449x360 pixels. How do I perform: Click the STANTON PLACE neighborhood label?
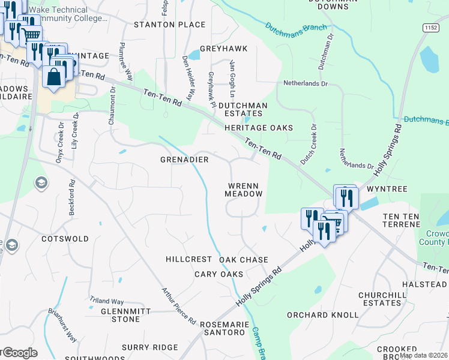tap(169, 25)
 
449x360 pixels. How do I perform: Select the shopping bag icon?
tap(53, 77)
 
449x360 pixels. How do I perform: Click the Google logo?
tap(19, 353)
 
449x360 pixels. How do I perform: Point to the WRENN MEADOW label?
tap(244, 190)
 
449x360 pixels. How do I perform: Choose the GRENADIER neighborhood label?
tap(184, 160)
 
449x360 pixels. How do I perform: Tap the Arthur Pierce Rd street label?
tap(179, 306)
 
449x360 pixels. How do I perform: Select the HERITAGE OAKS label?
tap(259, 128)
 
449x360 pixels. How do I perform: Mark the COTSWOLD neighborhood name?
tap(65, 239)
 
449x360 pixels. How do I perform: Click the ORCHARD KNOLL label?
tap(322, 315)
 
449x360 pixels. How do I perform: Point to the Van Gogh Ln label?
tap(231, 79)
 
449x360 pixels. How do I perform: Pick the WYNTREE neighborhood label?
tap(387, 189)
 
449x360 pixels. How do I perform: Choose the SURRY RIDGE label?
tap(149, 347)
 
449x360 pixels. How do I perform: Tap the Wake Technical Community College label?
tap(66, 14)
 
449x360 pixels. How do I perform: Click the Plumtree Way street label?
tap(125, 62)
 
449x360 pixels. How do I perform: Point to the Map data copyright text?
tap(424, 355)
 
